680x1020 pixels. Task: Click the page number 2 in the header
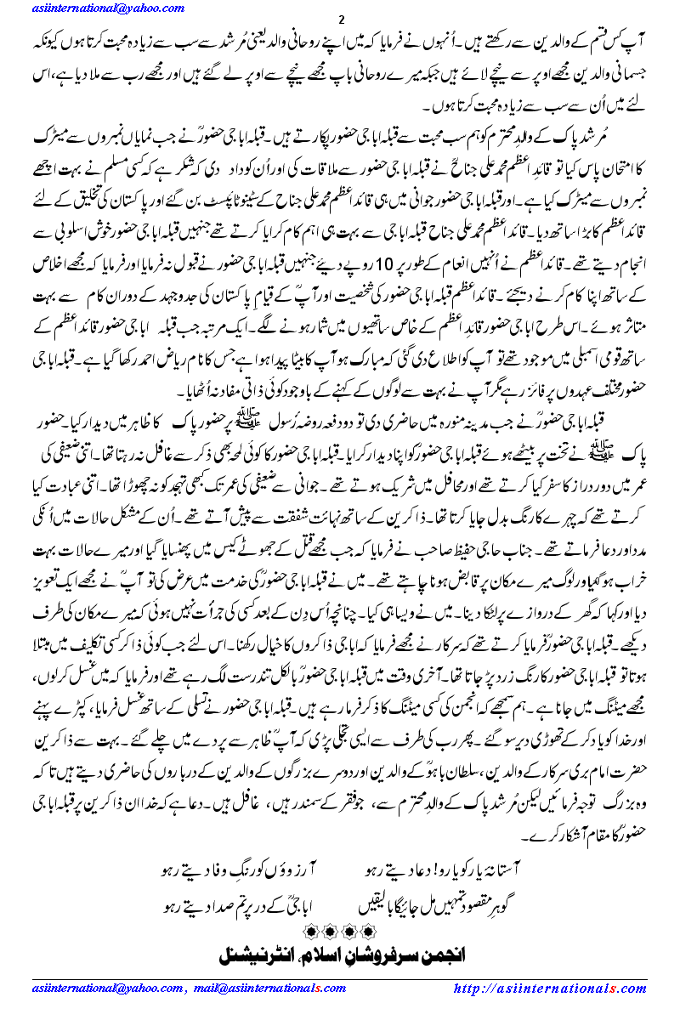(x=340, y=20)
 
